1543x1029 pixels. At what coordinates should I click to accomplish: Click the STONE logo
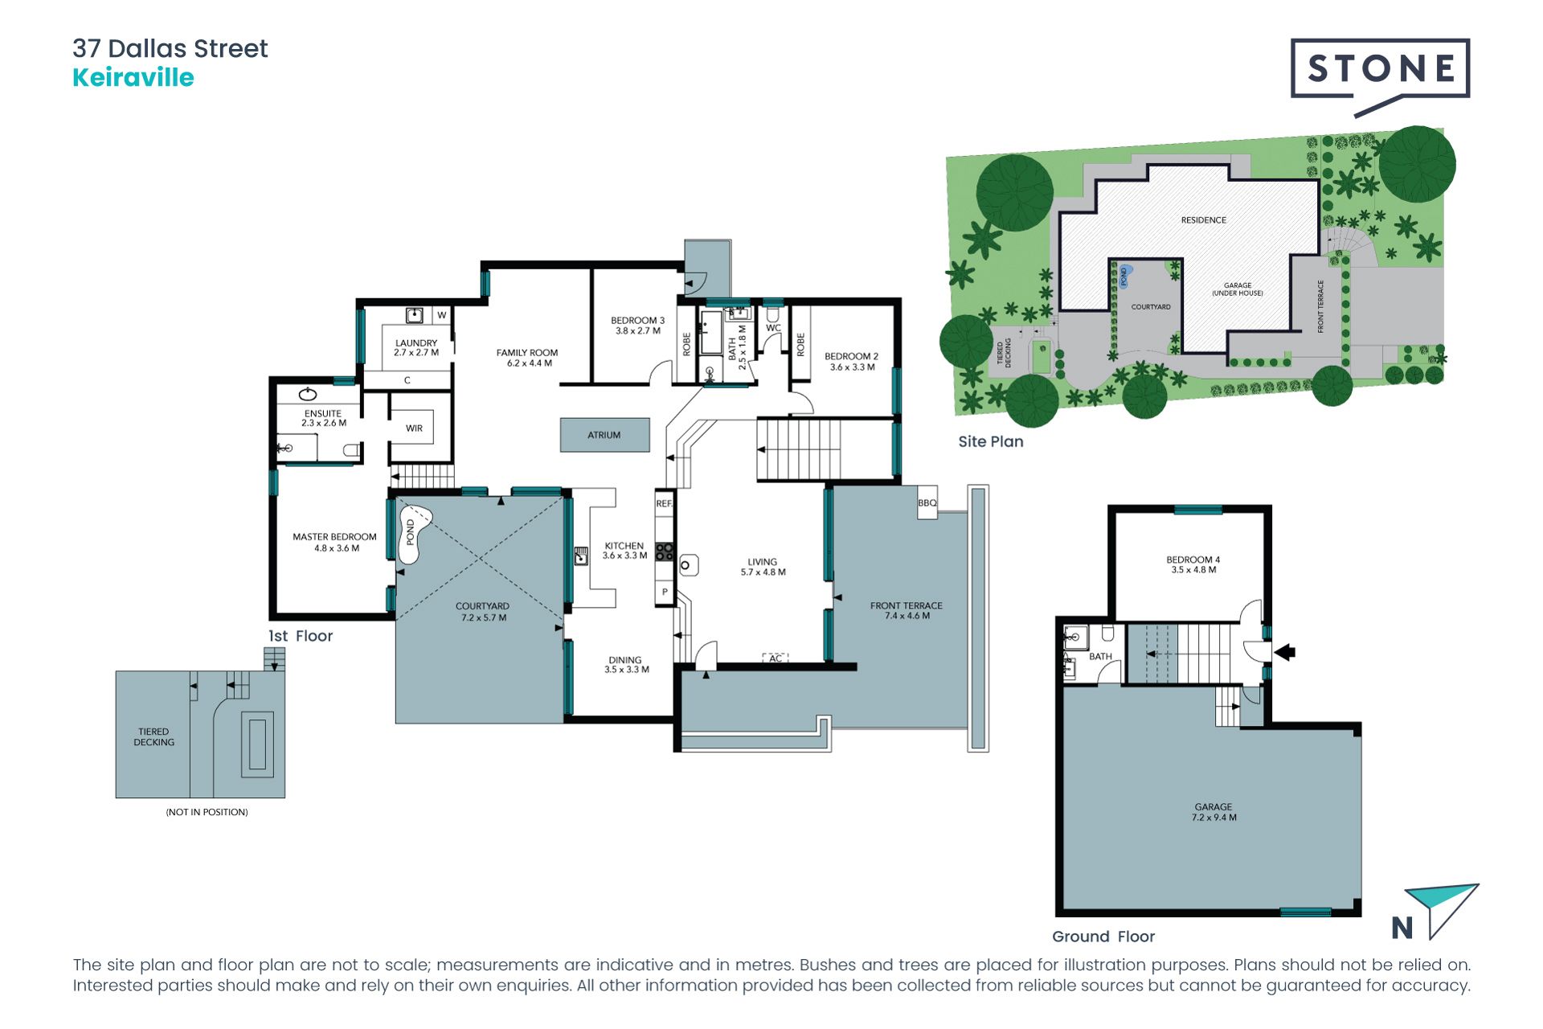coord(1380,70)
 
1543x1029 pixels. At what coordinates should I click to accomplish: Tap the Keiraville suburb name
coord(133,78)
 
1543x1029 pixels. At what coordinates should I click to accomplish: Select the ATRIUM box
coord(604,435)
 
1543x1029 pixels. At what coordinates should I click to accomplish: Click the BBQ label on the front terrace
coord(927,503)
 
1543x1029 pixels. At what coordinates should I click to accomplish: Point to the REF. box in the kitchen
coord(664,504)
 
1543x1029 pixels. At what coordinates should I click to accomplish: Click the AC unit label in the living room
coord(776,658)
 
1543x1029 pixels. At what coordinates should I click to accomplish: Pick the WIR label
coord(414,428)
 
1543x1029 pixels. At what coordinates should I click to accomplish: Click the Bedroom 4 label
coord(1193,564)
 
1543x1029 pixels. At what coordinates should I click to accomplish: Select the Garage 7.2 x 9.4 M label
coord(1214,812)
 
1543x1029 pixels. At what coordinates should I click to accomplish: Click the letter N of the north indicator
coord(1402,928)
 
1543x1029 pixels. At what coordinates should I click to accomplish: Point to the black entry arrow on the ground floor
coord(1284,652)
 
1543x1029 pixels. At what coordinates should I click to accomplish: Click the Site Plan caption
coord(991,441)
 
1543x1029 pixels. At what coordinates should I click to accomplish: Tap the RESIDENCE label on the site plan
coord(1203,220)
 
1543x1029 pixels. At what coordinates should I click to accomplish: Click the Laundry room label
coord(416,347)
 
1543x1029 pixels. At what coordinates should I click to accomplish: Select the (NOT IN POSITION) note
coord(207,812)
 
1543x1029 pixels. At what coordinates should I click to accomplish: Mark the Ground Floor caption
coord(1103,937)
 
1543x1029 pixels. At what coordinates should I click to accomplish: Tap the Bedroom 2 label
coord(852,361)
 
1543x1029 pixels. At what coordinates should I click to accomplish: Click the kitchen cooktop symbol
coord(665,551)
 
